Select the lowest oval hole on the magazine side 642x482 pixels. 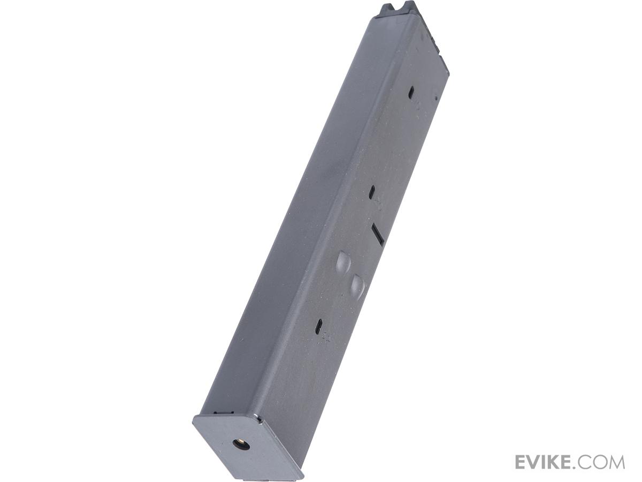pos(318,326)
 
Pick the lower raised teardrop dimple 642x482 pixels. pos(356,288)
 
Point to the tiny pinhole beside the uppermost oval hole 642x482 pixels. pos(436,98)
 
